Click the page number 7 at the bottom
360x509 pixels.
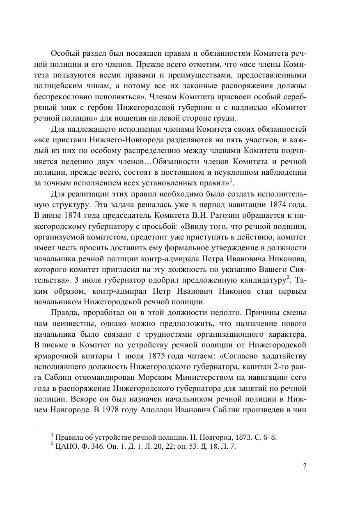(305, 466)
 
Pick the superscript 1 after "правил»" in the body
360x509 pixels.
(232, 180)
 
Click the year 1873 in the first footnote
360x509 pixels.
(239, 437)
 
